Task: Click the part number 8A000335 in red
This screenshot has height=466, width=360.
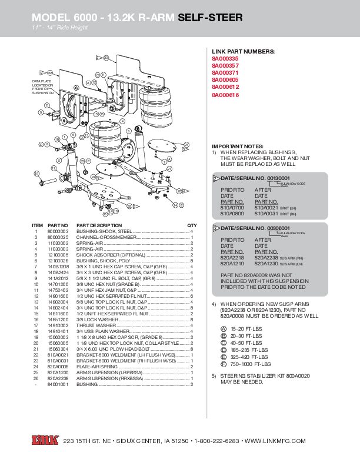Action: (225, 59)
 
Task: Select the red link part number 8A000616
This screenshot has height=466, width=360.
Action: (225, 95)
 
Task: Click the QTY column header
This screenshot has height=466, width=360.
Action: (192, 225)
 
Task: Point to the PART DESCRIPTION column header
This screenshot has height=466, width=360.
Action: (99, 225)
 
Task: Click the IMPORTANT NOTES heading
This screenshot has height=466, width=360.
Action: (238, 146)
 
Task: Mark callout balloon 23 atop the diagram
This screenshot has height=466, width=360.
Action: (105, 58)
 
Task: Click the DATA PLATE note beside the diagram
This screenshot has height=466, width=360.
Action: (42, 86)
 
